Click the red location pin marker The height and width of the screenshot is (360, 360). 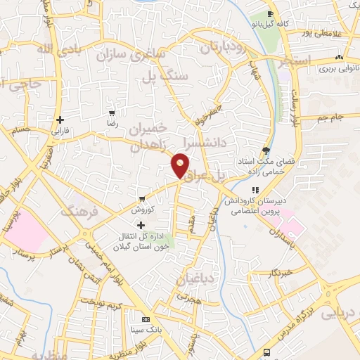[181, 165]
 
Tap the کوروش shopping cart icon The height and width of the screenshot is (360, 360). [143, 199]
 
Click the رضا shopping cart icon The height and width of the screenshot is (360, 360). [112, 112]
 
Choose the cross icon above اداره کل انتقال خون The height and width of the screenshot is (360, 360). [141, 225]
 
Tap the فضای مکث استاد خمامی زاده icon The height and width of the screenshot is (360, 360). [265, 150]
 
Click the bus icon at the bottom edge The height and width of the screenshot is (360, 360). [266, 353]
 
